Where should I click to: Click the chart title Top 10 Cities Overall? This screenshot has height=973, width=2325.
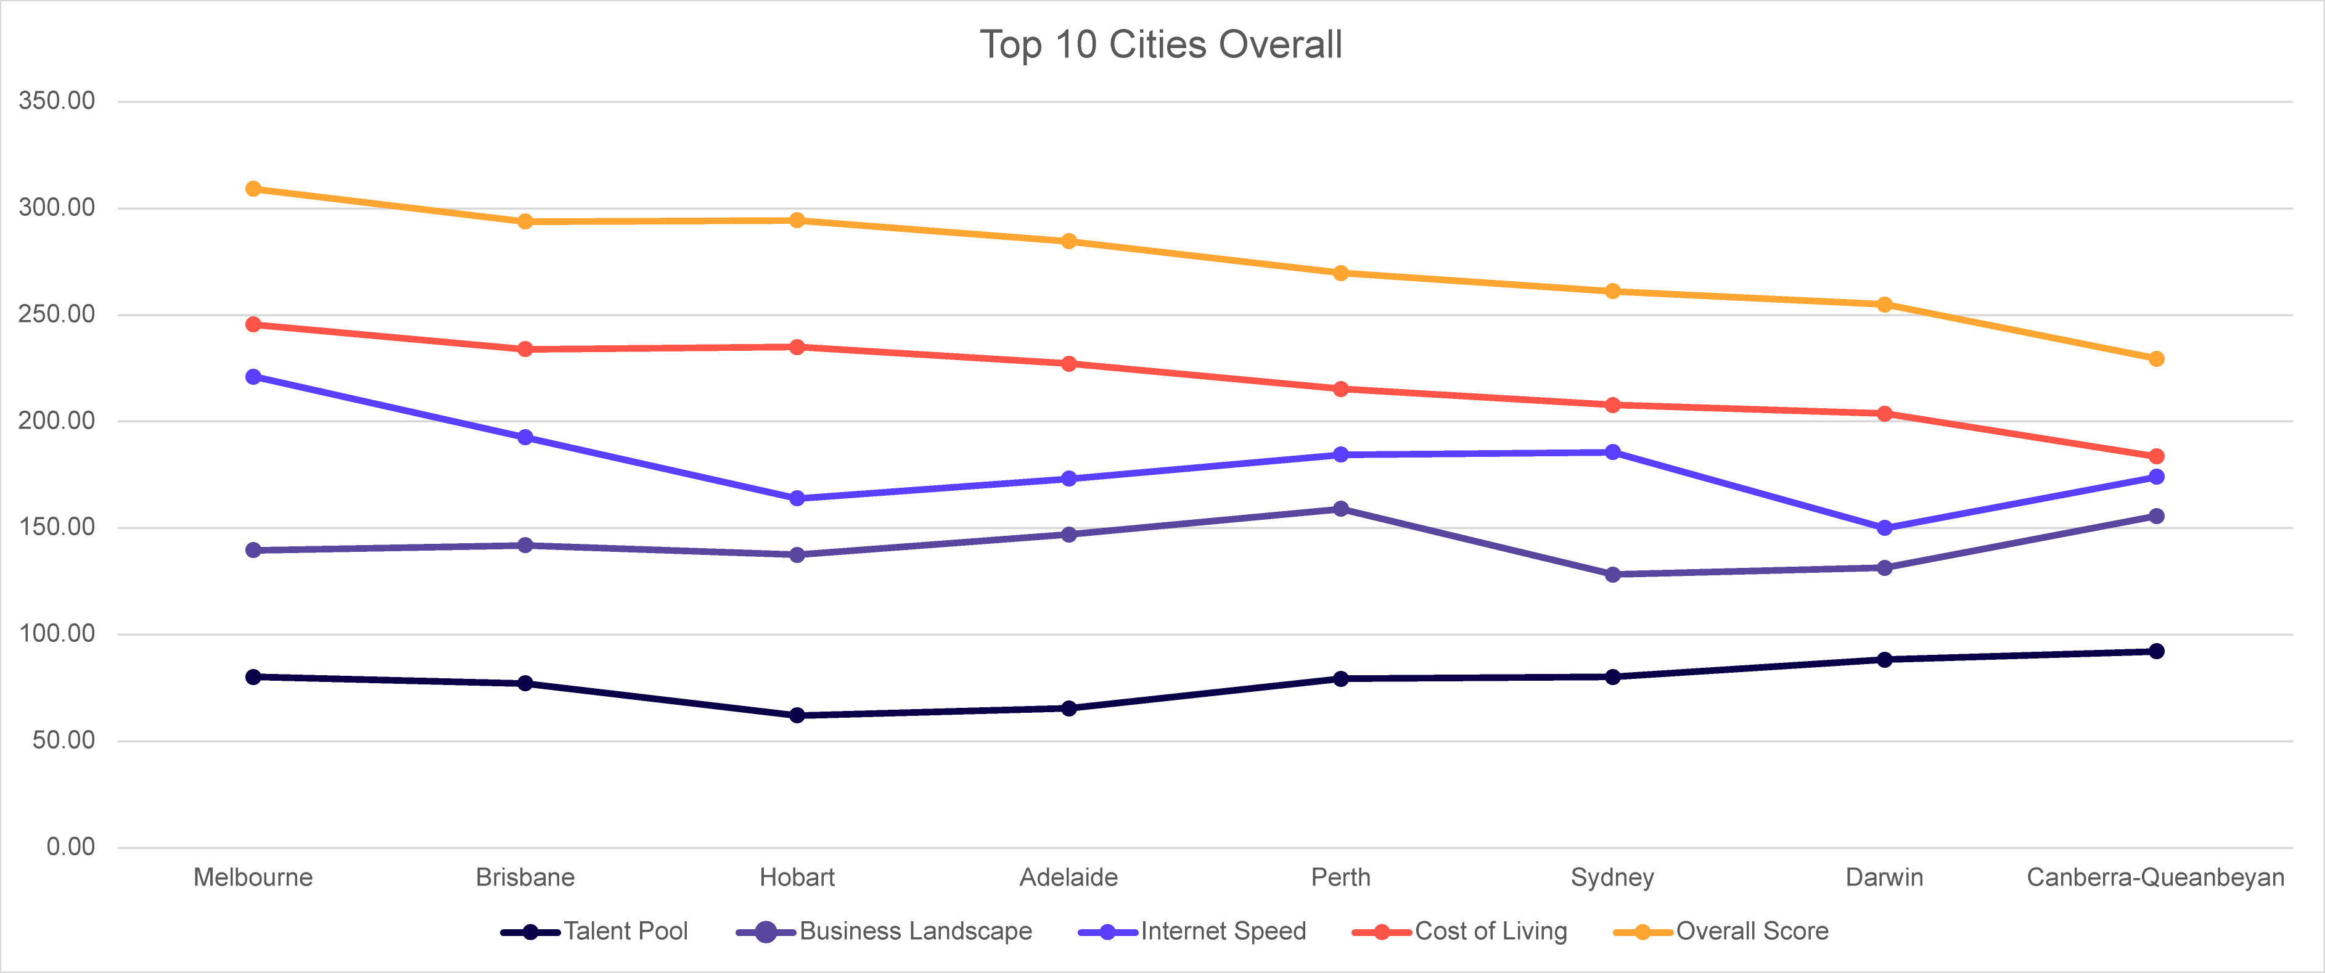pyautogui.click(x=1162, y=44)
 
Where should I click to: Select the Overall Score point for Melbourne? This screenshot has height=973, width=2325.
pyautogui.click(x=253, y=189)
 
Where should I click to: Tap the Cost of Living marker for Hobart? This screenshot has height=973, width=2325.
pyautogui.click(x=797, y=347)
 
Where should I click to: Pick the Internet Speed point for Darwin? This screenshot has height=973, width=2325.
pyautogui.click(x=1885, y=528)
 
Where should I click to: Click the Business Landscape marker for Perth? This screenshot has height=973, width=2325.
pyautogui.click(x=1341, y=509)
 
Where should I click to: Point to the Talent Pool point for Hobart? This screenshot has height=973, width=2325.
pyautogui.click(x=797, y=715)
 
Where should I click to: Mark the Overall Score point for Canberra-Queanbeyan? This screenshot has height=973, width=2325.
pyautogui.click(x=2156, y=358)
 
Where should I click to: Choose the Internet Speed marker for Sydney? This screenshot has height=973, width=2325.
pyautogui.click(x=1613, y=452)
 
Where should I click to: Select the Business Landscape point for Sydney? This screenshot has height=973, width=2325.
pyautogui.click(x=1613, y=574)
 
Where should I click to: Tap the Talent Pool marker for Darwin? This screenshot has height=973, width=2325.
pyautogui.click(x=1885, y=660)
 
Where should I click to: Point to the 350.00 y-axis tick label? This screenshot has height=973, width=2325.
pyautogui.click(x=57, y=100)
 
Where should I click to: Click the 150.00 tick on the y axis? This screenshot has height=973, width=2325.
pyautogui.click(x=57, y=527)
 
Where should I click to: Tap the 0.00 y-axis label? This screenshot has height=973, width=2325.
pyautogui.click(x=70, y=847)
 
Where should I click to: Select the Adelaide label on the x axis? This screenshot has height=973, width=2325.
pyautogui.click(x=1068, y=877)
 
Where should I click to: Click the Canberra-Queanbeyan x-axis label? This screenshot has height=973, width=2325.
pyautogui.click(x=2156, y=877)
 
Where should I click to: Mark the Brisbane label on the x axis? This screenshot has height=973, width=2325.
pyautogui.click(x=525, y=877)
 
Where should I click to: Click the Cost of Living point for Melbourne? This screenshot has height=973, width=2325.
pyautogui.click(x=253, y=324)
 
